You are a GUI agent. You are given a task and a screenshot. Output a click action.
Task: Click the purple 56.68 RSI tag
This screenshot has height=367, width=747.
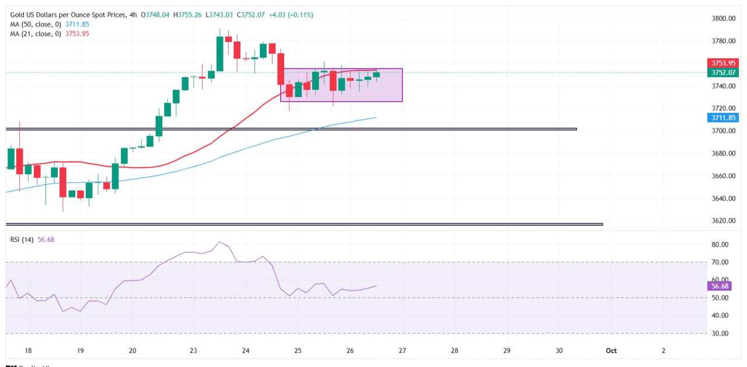[x=718, y=286]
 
